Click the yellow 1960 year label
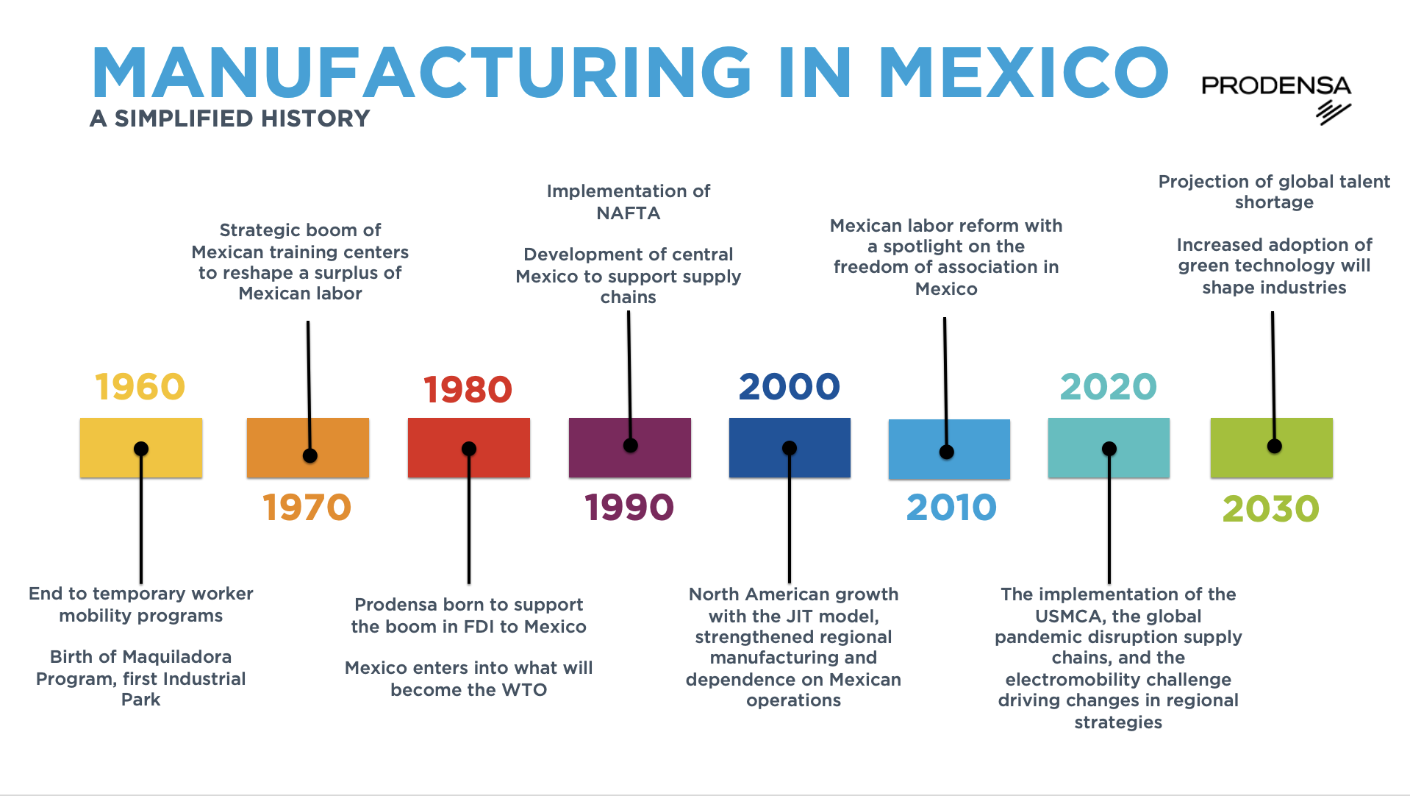coord(140,387)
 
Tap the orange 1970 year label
coord(307,508)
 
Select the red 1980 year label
coord(468,390)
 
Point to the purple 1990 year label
coord(629,508)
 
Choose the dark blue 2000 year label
coord(789,387)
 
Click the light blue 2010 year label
coord(951,508)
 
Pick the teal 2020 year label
coord(1108,387)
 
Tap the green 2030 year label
coord(1271,509)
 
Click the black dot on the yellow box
coord(141,449)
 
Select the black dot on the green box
coord(1275,446)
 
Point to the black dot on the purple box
coord(630,445)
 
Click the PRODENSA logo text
coord(1276,86)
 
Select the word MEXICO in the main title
coord(1024,73)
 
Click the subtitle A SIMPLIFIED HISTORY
coord(229,118)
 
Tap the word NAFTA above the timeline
coord(629,213)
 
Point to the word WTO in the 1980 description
coord(524,690)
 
